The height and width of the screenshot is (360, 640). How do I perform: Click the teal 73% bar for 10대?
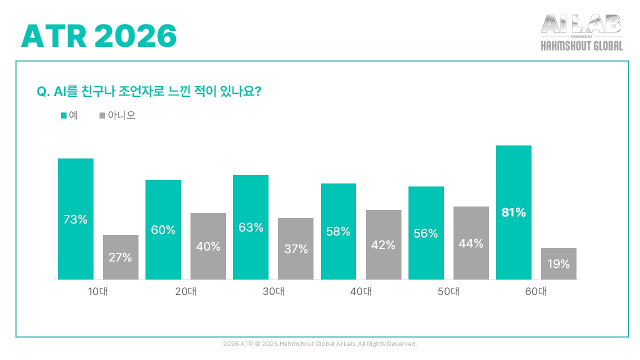pyautogui.click(x=75, y=218)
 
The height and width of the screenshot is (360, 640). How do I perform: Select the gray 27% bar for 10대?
pyautogui.click(x=120, y=257)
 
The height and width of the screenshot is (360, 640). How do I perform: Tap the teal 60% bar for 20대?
pyautogui.click(x=163, y=229)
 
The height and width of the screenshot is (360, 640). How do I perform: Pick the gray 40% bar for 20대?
pyautogui.click(x=208, y=246)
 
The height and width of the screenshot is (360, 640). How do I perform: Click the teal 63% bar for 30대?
pyautogui.click(x=250, y=227)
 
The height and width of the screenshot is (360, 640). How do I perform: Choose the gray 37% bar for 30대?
pyautogui.click(x=295, y=248)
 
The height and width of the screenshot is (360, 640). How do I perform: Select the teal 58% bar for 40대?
pyautogui.click(x=338, y=231)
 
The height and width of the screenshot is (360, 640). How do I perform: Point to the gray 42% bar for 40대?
pyautogui.click(x=383, y=244)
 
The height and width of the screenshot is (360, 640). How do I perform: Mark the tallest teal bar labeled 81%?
pyautogui.click(x=513, y=212)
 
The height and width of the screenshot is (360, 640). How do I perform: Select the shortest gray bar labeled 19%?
pyautogui.click(x=558, y=263)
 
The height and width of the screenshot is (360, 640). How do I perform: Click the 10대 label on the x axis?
pyautogui.click(x=97, y=292)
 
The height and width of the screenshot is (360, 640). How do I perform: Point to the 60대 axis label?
pyautogui.click(x=535, y=292)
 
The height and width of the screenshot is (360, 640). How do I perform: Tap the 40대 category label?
pyautogui.click(x=360, y=292)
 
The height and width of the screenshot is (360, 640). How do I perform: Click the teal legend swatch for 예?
pyautogui.click(x=63, y=115)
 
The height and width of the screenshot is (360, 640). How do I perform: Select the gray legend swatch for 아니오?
pyautogui.click(x=102, y=115)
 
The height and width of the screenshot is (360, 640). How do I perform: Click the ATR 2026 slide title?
pyautogui.click(x=99, y=36)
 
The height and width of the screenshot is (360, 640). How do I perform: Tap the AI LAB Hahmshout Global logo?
pyautogui.click(x=581, y=32)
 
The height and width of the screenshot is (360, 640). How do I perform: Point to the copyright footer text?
pyautogui.click(x=320, y=344)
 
